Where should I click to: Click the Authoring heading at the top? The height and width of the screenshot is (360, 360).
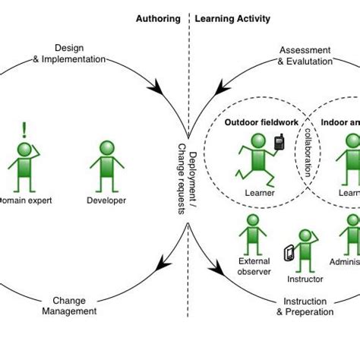coord(158,19)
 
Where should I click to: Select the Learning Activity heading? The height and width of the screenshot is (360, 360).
coord(232,19)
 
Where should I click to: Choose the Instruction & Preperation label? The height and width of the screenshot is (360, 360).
coord(304,306)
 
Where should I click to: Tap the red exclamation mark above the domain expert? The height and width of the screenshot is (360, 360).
coord(24,129)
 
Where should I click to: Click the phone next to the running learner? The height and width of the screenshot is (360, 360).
coord(279,142)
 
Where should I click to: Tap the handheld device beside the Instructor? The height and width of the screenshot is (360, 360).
coord(288,253)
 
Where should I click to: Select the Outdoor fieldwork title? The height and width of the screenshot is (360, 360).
coord(257,122)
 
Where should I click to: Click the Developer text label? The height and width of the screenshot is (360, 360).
coord(106,201)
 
